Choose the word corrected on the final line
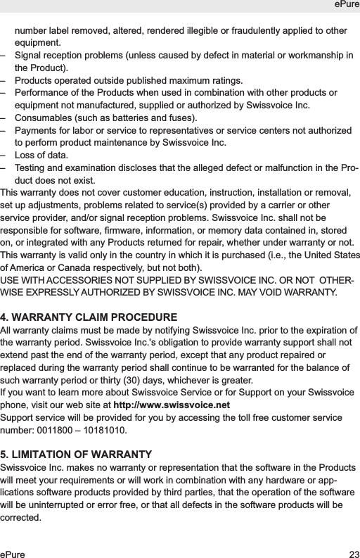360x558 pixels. (x=21, y=519)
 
